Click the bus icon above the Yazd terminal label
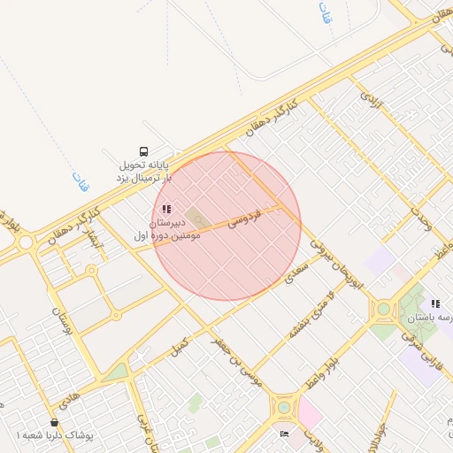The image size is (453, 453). coord(144,150)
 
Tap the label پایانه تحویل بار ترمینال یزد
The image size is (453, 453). coord(143,172)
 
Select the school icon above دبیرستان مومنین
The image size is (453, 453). coord(166,209)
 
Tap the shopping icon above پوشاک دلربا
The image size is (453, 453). coord(55,423)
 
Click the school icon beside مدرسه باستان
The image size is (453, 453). coord(435,303)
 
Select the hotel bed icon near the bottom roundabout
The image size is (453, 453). coord(283,434)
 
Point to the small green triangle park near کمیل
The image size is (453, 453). coord(115,372)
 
